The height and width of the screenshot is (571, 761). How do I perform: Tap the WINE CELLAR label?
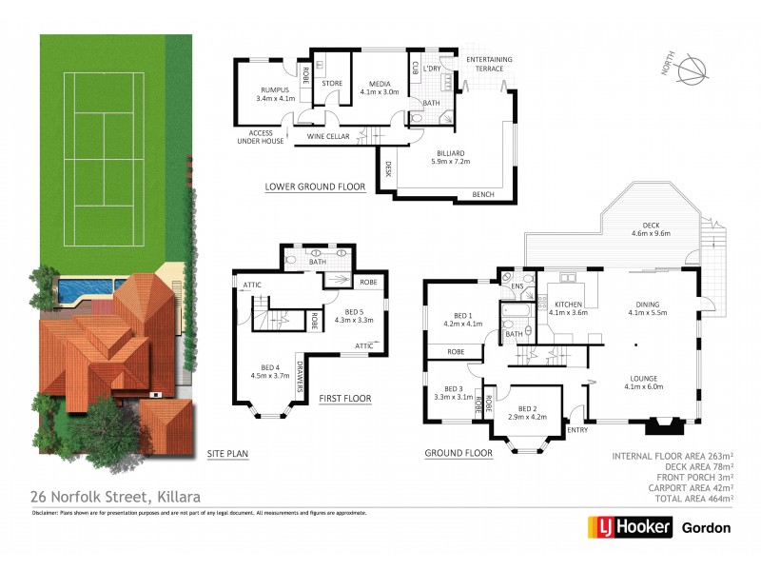(x=328, y=137)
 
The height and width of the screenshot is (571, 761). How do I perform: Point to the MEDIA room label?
(x=381, y=88)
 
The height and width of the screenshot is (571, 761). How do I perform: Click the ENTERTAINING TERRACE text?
(x=489, y=65)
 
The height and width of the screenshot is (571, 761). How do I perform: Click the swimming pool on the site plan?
(x=85, y=287)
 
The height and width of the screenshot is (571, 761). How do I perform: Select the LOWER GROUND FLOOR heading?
(x=315, y=187)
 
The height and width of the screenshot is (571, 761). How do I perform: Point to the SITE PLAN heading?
(x=227, y=455)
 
